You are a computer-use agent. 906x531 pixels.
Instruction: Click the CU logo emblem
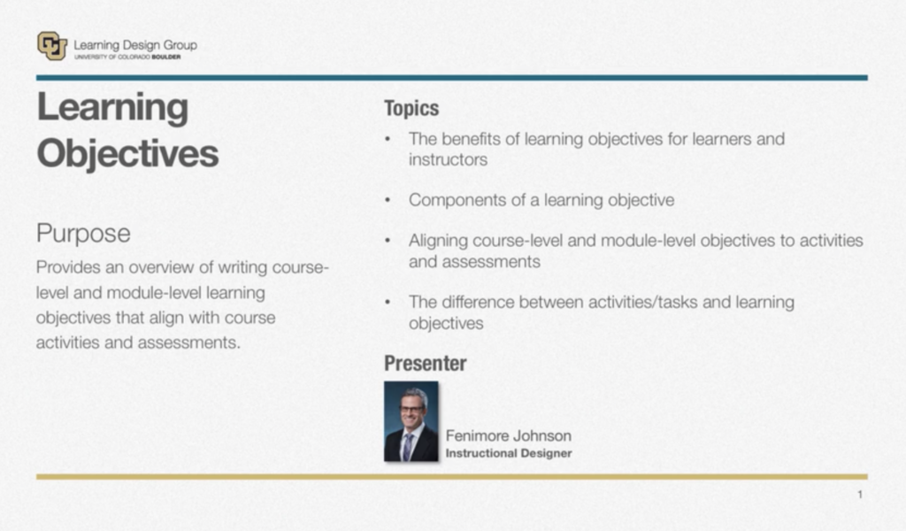[x=52, y=46]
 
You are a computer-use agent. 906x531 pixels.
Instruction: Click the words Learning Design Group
[x=135, y=44]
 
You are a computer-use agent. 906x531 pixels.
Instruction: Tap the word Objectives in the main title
[x=127, y=154]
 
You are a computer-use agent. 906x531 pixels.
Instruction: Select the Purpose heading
[x=83, y=234]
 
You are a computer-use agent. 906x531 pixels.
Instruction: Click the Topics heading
[x=411, y=108]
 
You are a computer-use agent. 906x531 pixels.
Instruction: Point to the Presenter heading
[x=426, y=364]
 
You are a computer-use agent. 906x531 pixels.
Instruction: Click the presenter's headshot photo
[x=411, y=421]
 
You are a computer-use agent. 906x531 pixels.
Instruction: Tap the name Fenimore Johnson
[x=509, y=435]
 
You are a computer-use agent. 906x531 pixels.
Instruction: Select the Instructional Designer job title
[x=509, y=453]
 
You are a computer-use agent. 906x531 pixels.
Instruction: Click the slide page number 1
[x=860, y=495]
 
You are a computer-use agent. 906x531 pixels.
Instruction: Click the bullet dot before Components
[x=388, y=200]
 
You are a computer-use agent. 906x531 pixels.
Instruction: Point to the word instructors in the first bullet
[x=448, y=159]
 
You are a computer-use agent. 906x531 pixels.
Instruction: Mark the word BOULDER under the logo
[x=165, y=58]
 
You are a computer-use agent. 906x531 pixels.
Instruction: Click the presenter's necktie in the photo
[x=408, y=445]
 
